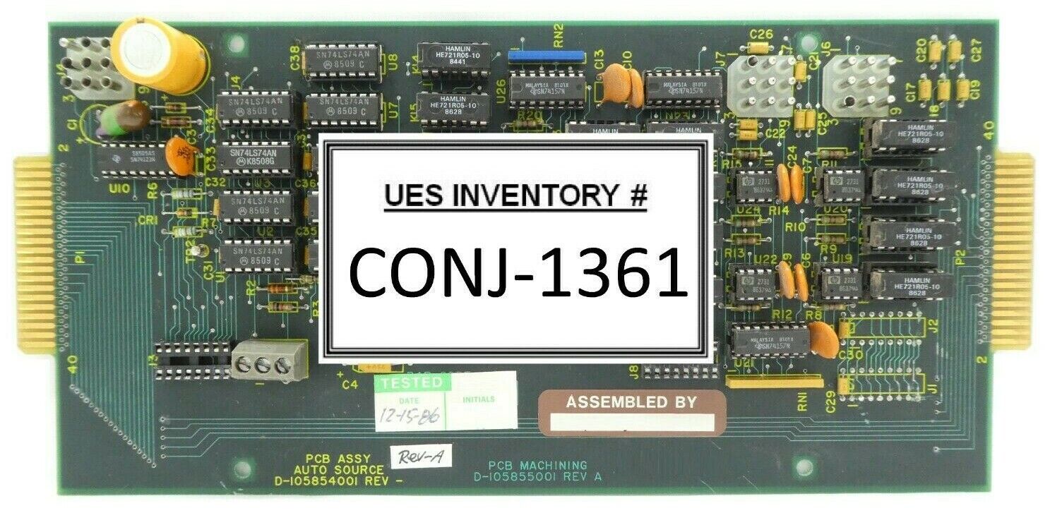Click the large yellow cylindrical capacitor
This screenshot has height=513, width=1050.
160,55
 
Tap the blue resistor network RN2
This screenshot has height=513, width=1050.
546,55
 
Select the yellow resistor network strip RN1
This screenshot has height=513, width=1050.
774,382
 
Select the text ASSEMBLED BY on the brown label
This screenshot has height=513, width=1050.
631,402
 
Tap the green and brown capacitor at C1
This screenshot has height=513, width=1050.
125,116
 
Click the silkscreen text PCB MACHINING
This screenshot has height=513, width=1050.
537,465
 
